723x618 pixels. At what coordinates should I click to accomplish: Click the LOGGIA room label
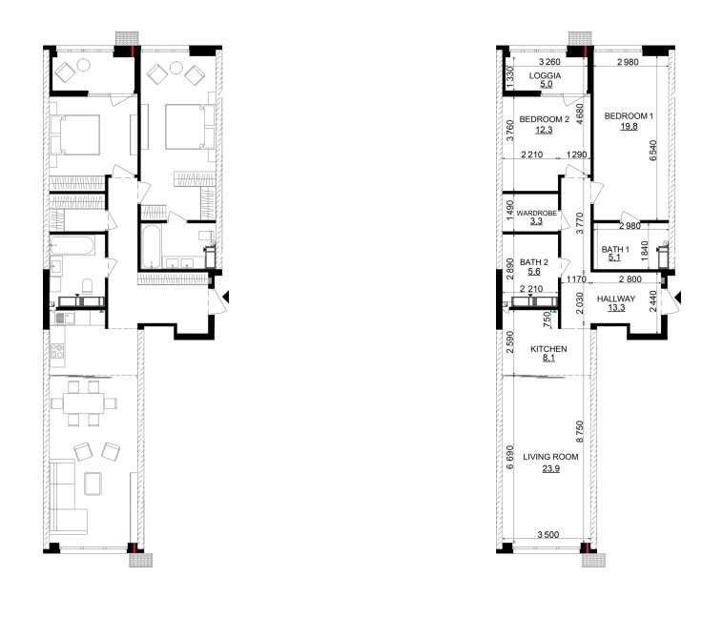(545, 75)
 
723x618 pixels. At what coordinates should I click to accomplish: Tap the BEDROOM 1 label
(629, 116)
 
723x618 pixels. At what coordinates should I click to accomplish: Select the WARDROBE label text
(536, 214)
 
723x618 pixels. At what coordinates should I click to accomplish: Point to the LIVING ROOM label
(550, 457)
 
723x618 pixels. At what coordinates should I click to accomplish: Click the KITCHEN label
(548, 349)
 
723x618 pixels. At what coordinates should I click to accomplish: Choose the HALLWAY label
(616, 299)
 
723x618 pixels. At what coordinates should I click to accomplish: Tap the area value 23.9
(551, 468)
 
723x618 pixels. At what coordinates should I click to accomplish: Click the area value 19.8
(629, 126)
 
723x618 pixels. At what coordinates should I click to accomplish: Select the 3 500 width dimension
(547, 534)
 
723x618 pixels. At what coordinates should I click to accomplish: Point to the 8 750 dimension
(580, 432)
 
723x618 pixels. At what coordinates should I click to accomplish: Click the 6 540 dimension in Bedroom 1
(653, 151)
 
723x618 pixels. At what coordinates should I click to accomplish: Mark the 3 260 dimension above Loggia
(549, 62)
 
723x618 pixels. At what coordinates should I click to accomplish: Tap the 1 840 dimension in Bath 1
(645, 250)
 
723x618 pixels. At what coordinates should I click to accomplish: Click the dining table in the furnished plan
(83, 403)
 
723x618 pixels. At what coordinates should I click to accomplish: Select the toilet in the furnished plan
(87, 286)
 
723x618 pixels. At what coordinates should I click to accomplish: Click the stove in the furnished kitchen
(57, 351)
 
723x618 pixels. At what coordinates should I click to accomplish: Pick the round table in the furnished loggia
(83, 66)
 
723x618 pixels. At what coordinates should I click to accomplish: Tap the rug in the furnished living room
(93, 484)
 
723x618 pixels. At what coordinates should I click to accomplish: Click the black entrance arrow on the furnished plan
(226, 297)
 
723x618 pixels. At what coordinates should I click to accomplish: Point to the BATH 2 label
(534, 262)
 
